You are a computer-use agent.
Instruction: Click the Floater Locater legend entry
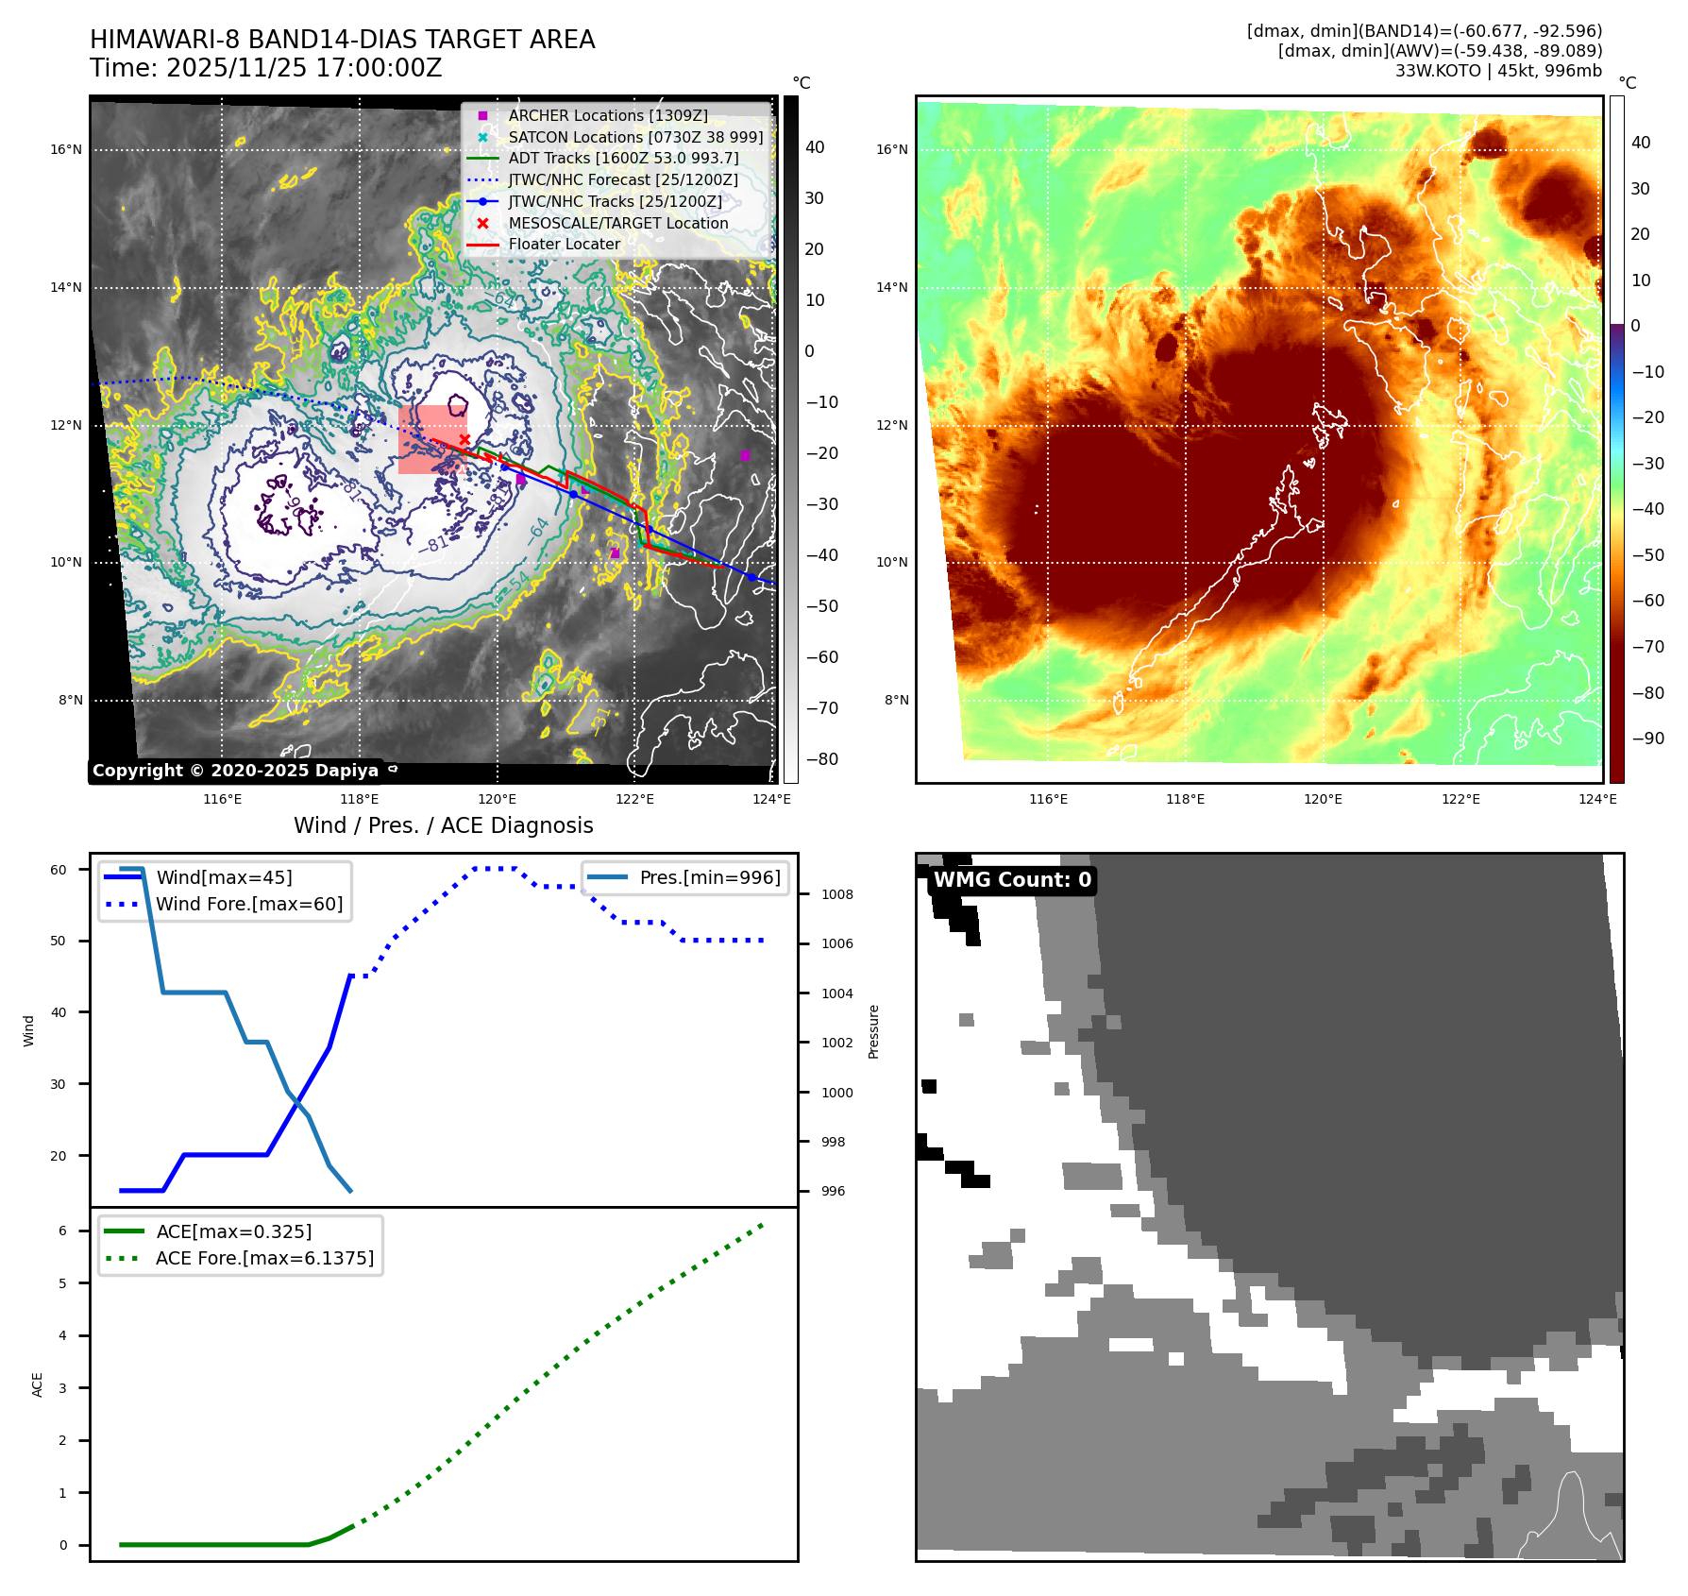click(564, 244)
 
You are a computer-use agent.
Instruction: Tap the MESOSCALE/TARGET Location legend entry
click(617, 223)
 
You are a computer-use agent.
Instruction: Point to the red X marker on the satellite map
click(464, 440)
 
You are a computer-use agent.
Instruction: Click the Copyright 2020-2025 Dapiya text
click(235, 771)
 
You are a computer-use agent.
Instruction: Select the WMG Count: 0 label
click(1012, 880)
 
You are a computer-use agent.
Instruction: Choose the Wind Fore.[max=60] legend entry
click(248, 904)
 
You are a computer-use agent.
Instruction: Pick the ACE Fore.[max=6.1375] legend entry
click(264, 1258)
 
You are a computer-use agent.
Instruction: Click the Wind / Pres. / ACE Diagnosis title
click(444, 825)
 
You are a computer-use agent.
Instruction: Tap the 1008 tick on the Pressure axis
click(836, 894)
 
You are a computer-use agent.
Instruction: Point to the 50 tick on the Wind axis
click(59, 941)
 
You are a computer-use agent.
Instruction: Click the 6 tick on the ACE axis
click(62, 1231)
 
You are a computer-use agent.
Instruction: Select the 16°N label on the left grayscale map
click(66, 149)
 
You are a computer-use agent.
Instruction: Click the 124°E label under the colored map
click(1597, 799)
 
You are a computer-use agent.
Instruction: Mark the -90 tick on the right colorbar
click(1647, 739)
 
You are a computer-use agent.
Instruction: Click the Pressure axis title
click(873, 1031)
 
